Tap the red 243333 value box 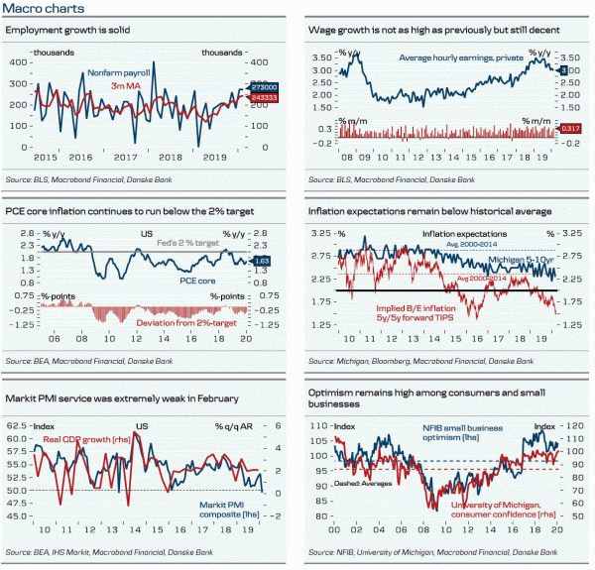coord(262,98)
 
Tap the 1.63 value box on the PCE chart coord(262,261)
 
